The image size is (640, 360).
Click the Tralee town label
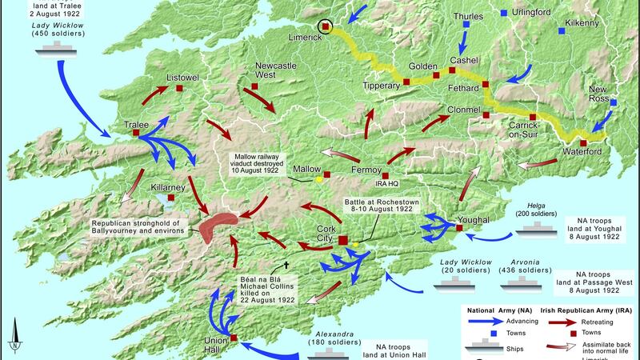tap(137, 124)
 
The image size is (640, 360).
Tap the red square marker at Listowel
tap(181, 88)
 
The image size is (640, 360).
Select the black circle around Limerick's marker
tap(325, 27)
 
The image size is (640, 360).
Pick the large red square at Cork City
tap(343, 240)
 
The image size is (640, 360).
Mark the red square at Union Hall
tap(234, 338)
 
